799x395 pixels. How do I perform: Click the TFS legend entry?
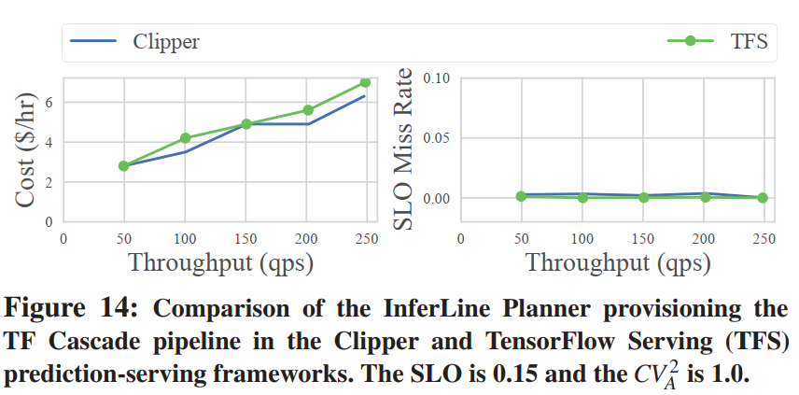(719, 41)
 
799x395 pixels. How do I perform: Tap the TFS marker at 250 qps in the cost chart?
(366, 83)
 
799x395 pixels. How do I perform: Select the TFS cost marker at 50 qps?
(124, 165)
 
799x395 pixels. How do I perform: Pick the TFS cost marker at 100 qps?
(185, 138)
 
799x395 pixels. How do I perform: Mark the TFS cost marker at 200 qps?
(307, 110)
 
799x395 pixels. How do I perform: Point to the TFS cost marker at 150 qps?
(246, 124)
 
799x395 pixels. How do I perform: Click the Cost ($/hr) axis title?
(27, 149)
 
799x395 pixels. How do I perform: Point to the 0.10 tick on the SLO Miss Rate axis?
(436, 78)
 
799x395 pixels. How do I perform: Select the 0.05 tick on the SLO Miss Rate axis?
(436, 138)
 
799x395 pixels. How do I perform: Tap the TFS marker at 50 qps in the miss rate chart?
(521, 196)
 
